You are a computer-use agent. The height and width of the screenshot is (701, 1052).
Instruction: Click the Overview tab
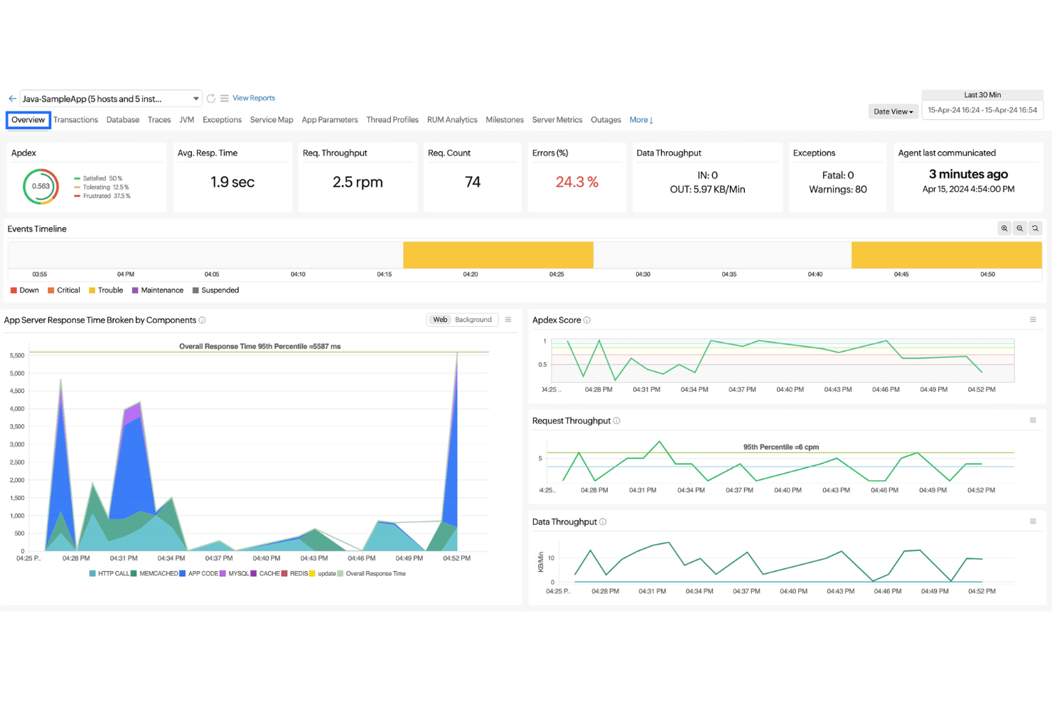(x=28, y=120)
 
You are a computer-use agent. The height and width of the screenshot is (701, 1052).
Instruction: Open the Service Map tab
(x=271, y=120)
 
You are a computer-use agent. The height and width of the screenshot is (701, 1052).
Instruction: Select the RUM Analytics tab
(x=451, y=120)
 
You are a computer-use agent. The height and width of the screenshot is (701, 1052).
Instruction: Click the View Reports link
(x=253, y=98)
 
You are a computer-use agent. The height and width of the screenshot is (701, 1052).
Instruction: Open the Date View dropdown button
(x=893, y=112)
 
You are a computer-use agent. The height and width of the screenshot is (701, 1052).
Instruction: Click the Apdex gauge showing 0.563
(x=41, y=187)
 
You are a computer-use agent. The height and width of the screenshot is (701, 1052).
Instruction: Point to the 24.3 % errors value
(x=576, y=183)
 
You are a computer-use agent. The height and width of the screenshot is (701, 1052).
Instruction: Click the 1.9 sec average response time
(x=232, y=183)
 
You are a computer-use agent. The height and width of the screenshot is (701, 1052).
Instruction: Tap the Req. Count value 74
(x=473, y=183)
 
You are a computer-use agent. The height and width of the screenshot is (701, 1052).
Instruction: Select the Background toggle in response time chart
(x=473, y=320)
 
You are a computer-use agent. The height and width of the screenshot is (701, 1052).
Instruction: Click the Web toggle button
(x=441, y=320)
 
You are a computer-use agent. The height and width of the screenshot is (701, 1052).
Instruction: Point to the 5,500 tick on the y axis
(x=17, y=355)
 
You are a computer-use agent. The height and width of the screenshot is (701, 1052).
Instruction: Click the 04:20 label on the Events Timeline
(x=471, y=274)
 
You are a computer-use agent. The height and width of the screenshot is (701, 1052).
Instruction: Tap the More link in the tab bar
(x=640, y=120)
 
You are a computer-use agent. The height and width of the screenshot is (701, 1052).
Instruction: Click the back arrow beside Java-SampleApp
(x=12, y=99)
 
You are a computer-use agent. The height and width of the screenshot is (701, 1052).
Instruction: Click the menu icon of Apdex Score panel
(x=1033, y=320)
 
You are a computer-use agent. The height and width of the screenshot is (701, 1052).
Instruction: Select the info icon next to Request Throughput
(x=616, y=421)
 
